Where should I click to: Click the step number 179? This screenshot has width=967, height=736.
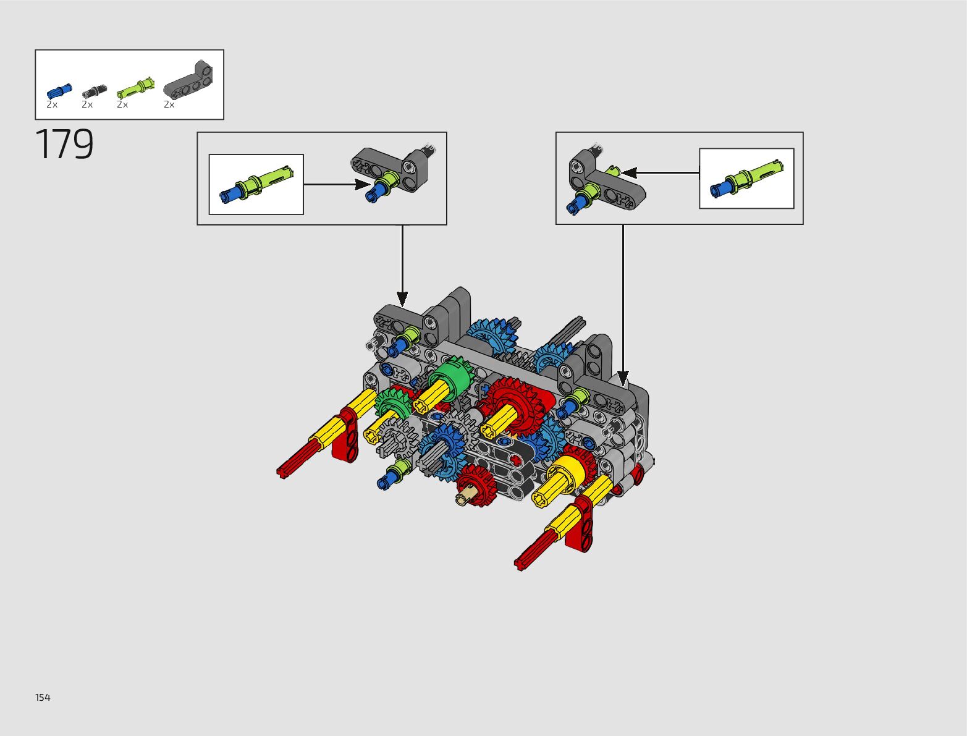65,145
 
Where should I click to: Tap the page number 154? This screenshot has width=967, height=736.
43,698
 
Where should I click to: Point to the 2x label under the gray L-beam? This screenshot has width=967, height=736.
169,105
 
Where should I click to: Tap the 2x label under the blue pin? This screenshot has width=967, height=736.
52,105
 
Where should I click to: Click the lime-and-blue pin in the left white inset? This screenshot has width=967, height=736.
256,184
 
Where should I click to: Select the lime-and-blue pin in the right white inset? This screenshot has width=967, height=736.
746,178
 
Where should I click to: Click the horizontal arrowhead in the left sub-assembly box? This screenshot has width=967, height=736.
361,184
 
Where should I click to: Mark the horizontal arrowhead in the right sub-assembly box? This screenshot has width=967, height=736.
630,172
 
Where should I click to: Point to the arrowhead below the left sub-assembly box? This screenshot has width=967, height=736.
402,299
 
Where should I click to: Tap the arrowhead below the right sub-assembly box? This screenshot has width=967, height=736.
623,378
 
